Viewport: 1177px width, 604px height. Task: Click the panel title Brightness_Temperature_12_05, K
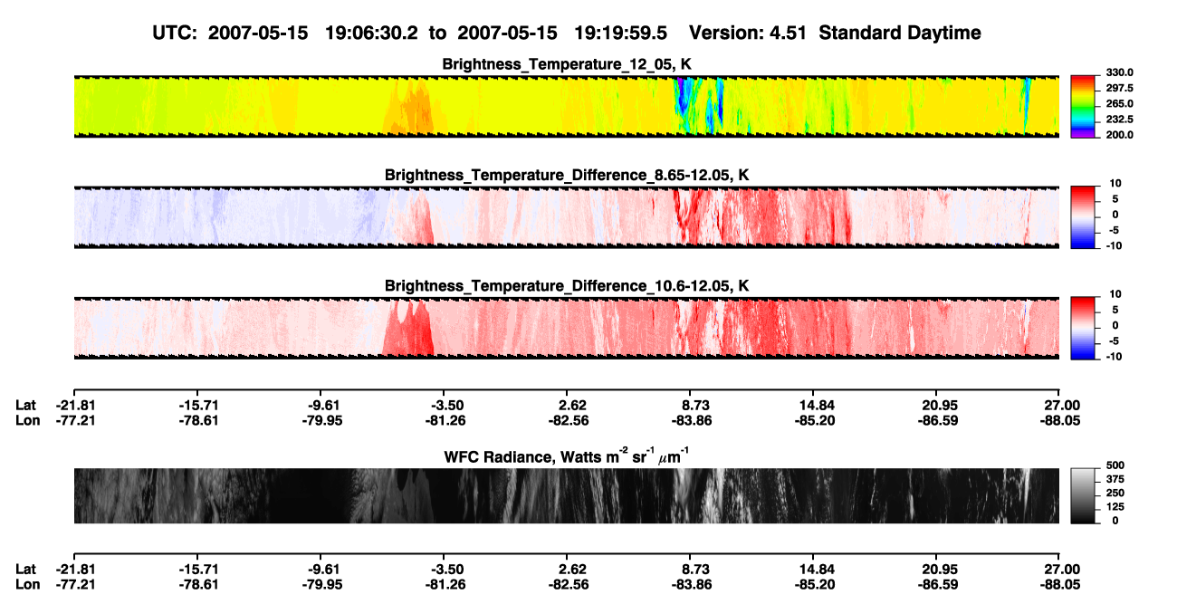[567, 64]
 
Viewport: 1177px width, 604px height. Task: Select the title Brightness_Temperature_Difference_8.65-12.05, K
[567, 175]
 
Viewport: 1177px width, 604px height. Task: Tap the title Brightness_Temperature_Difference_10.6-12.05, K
[567, 286]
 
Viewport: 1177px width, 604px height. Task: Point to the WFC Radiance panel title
[567, 455]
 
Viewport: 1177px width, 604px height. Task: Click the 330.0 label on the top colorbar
[1119, 72]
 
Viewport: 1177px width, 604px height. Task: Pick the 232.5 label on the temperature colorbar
[1119, 120]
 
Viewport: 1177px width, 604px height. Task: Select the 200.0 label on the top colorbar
[1119, 135]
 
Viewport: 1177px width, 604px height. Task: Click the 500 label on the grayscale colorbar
[1115, 465]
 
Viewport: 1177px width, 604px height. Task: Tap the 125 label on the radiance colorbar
[1115, 507]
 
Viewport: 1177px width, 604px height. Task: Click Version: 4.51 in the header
[747, 33]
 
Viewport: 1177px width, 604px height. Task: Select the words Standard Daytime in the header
[900, 33]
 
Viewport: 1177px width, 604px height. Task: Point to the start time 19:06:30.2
[371, 33]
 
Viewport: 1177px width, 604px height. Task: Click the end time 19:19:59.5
[620, 33]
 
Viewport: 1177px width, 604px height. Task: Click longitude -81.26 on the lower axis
[445, 585]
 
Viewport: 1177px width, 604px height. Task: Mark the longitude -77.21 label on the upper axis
[76, 420]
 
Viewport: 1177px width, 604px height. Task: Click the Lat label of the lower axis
[25, 570]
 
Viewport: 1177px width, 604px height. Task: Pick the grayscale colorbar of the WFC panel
[1083, 495]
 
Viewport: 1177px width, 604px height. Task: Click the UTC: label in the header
[175, 33]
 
